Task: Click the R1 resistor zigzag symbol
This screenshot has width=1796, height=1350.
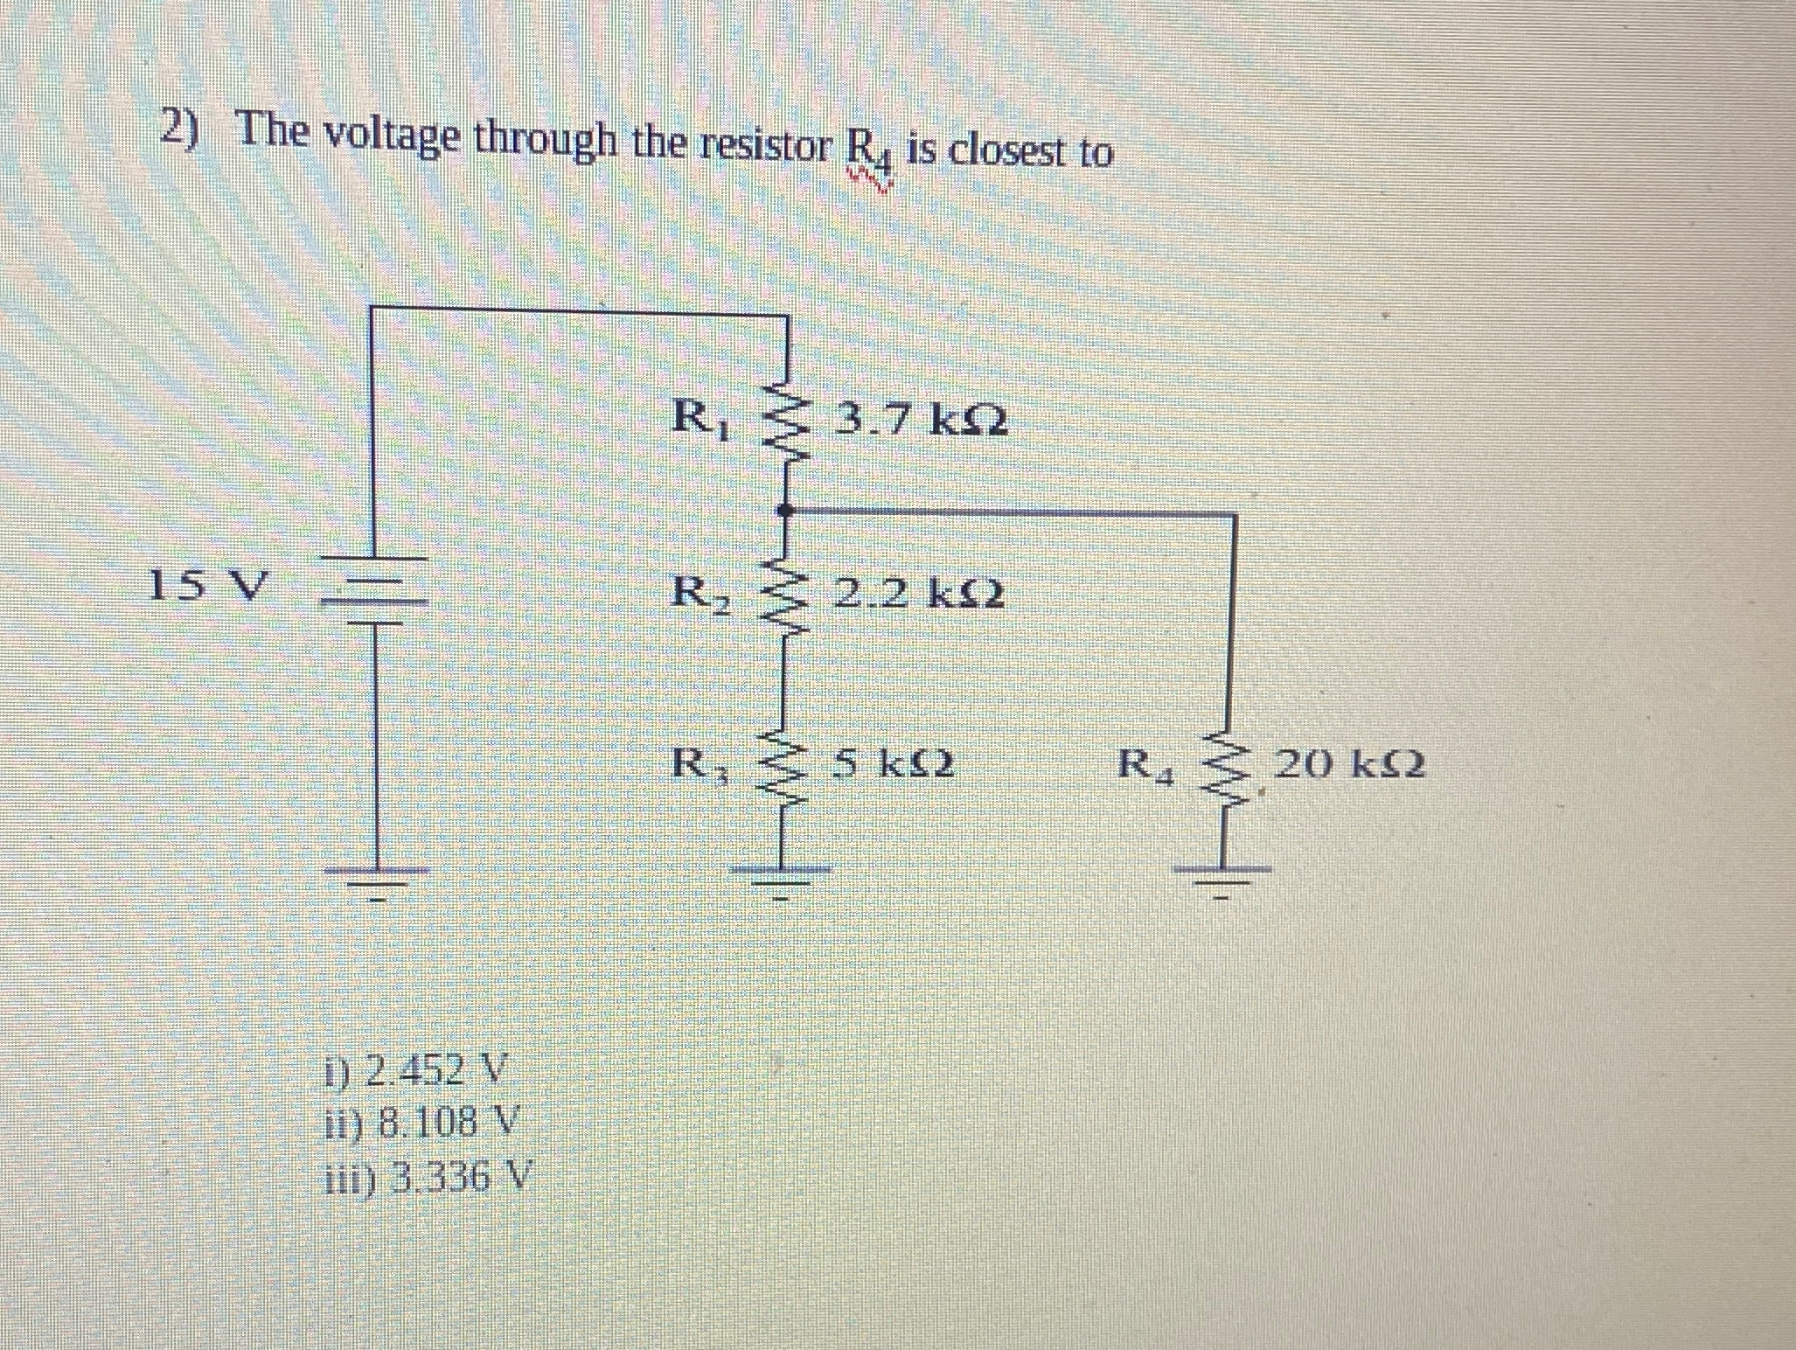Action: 785,421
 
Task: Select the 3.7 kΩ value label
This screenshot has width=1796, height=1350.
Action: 922,421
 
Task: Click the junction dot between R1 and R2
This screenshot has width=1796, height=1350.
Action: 785,509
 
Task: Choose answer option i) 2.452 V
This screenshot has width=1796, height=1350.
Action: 416,1068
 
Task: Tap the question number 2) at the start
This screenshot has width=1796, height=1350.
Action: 182,131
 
